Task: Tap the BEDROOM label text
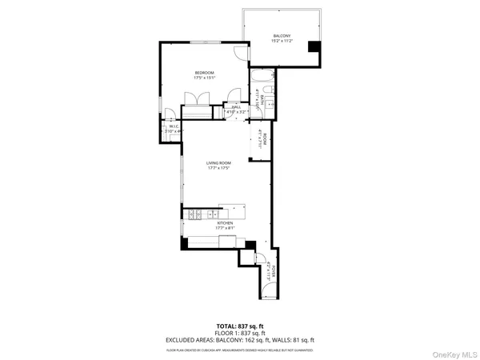click(x=204, y=73)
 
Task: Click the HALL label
click(x=236, y=107)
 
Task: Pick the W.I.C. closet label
click(x=172, y=126)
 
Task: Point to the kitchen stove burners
click(x=196, y=214)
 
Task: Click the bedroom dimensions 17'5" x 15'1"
click(x=204, y=78)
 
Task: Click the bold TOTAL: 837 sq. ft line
click(x=240, y=326)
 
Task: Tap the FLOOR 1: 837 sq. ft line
click(x=240, y=333)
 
